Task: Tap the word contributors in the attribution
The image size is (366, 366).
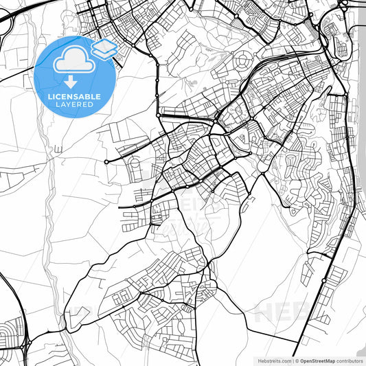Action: pos(350,361)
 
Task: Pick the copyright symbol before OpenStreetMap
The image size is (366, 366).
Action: pos(297,361)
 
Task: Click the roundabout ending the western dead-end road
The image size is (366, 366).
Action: pos(106,162)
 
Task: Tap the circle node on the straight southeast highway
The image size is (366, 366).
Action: pos(323,280)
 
